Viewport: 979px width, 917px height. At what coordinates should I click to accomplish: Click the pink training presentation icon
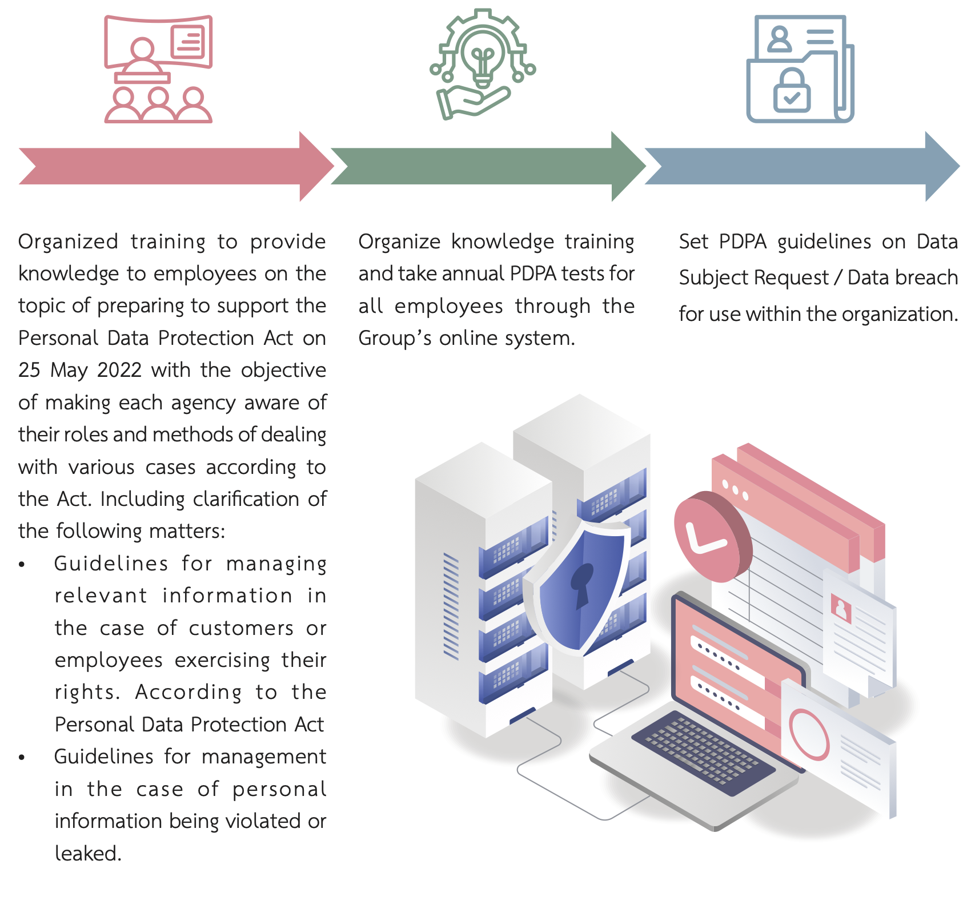[158, 69]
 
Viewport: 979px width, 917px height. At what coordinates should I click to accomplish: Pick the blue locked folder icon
[800, 69]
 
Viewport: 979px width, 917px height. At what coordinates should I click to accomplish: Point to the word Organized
[68, 242]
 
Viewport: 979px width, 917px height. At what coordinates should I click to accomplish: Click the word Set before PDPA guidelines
[693, 242]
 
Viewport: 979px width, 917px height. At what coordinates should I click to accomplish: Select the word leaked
[87, 853]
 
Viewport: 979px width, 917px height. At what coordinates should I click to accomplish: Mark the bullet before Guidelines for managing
[22, 565]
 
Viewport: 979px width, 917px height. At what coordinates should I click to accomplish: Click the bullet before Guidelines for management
[22, 758]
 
